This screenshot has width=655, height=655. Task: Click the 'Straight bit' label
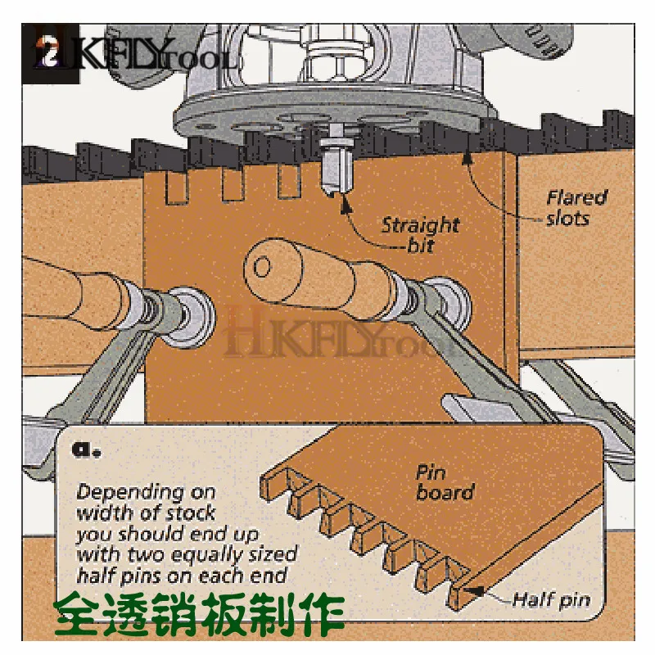point(419,234)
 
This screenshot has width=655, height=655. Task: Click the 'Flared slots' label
point(576,208)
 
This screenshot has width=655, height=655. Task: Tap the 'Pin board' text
point(445,482)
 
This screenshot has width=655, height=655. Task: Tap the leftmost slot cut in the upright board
point(174,189)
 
